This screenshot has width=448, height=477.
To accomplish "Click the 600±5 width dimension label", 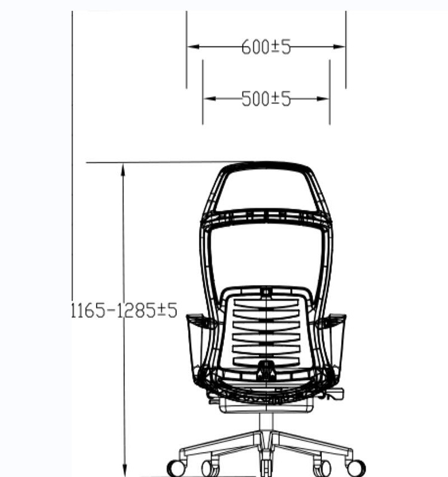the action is [266, 47].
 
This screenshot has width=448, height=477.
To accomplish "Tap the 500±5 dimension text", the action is [266, 99].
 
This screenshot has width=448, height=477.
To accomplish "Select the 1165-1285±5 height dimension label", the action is [124, 310].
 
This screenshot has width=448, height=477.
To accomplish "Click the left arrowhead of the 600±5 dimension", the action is [194, 47].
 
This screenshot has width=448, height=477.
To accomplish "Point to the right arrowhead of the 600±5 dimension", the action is [339, 47].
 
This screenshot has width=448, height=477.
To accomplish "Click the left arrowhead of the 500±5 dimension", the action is [210, 98].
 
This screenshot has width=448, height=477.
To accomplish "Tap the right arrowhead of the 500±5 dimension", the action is [323, 98].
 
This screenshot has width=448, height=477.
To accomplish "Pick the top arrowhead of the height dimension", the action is [123, 170].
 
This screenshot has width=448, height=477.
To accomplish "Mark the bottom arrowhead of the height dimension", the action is [124, 470].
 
